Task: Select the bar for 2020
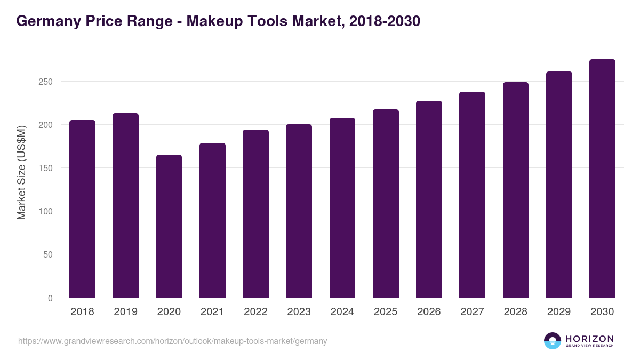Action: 169,226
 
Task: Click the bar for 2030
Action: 602,179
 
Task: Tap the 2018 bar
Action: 82,209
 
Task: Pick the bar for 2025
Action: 386,204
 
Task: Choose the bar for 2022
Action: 255,213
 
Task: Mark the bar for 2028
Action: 516,190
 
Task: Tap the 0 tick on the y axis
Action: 50,298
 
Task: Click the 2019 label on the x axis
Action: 125,312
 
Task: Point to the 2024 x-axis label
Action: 342,312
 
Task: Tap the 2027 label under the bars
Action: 472,312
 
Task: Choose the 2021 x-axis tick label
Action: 212,312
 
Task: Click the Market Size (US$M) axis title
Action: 22,172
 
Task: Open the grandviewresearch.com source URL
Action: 172,341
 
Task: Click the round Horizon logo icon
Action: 553,341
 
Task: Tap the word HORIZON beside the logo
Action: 589,338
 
